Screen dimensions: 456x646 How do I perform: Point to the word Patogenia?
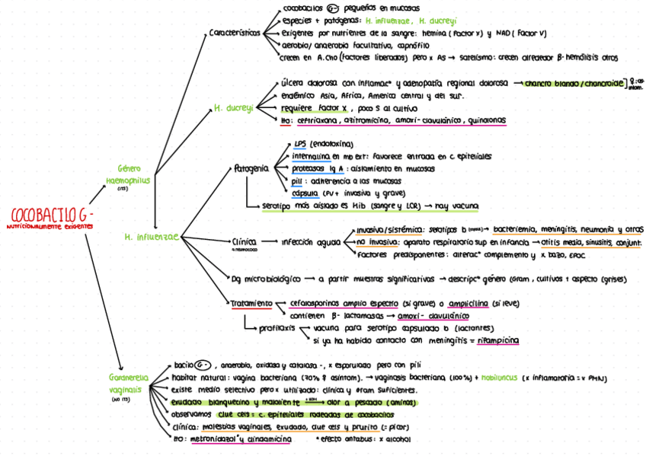click(251, 167)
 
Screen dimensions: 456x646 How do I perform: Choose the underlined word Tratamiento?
click(251, 303)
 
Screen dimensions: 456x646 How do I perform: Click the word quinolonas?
click(484, 120)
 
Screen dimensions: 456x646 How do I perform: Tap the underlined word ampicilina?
click(465, 303)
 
